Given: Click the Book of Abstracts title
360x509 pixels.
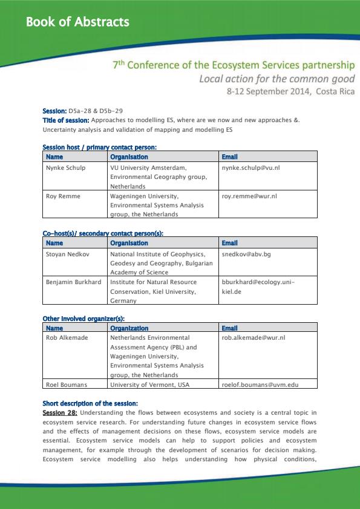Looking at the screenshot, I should tap(77, 22).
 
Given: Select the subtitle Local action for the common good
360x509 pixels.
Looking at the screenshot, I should tap(277, 79).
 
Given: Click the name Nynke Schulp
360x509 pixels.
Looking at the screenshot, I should tap(66, 167).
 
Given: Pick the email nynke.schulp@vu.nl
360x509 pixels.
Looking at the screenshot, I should tap(250, 167).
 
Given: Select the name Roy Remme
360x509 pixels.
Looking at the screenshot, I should tap(62, 196).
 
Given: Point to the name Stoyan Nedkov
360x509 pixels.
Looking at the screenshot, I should tap(68, 254).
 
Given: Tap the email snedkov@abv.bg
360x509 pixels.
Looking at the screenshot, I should tap(246, 254).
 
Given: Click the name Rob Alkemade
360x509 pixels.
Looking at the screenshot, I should tap(67, 337).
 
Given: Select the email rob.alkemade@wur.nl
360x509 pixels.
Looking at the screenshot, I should tap(254, 337).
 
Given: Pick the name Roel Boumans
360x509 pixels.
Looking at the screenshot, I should tap(67, 384).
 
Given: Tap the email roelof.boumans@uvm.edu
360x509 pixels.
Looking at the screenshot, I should tap(260, 384).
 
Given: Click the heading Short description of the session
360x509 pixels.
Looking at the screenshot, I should tap(90, 403).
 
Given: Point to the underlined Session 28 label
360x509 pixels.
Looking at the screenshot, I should tap(59, 413).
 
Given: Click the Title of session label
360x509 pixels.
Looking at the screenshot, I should tap(66, 120).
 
